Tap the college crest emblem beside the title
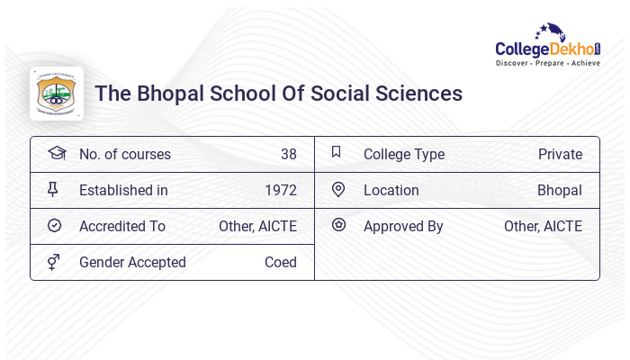pyautogui.click(x=57, y=94)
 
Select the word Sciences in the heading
pyautogui.click(x=420, y=94)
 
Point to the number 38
pyautogui.click(x=288, y=155)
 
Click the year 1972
pyautogui.click(x=280, y=191)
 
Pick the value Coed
pyautogui.click(x=280, y=263)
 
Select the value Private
pyautogui.click(x=560, y=155)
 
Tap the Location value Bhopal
pyautogui.click(x=559, y=191)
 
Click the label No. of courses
pyautogui.click(x=124, y=155)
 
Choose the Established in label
pyautogui.click(x=123, y=191)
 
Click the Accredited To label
pyautogui.click(x=122, y=227)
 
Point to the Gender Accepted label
pyautogui.click(x=132, y=263)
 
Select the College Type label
pyautogui.click(x=403, y=155)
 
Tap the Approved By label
pyautogui.click(x=403, y=227)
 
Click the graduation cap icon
pyautogui.click(x=56, y=153)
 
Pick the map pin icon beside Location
pyautogui.click(x=338, y=190)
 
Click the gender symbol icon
pyautogui.click(x=54, y=262)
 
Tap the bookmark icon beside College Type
pyautogui.click(x=337, y=152)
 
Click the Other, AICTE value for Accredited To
pyautogui.click(x=257, y=227)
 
